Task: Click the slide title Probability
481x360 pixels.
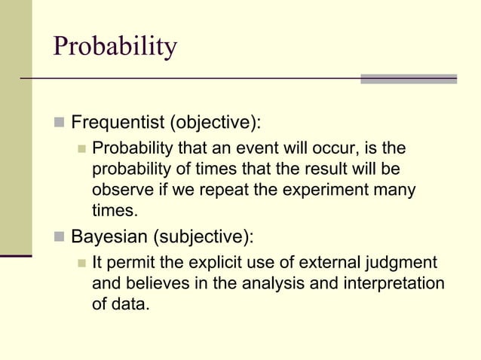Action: pos(115,47)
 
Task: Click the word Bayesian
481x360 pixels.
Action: pos(109,238)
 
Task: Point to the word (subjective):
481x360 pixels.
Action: pos(204,238)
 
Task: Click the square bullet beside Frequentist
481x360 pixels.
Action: pos(58,122)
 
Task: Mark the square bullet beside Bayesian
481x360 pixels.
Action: pos(58,238)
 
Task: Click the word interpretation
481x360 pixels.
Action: pos(394,285)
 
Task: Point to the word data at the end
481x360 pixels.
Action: pos(131,306)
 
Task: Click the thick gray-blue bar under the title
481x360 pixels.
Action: pos(409,78)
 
